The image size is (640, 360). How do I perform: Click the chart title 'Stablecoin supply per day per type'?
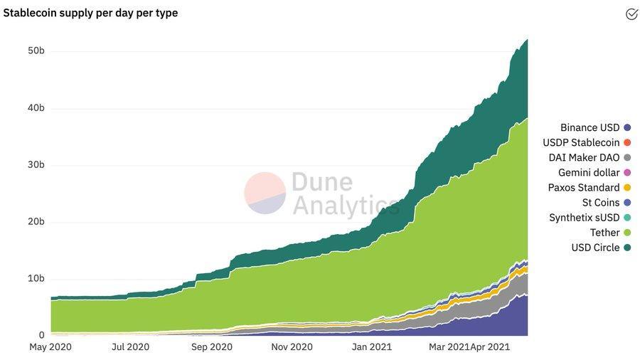click(90, 13)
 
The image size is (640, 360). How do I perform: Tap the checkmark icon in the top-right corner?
click(631, 14)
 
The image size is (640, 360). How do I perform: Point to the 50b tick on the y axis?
click(37, 51)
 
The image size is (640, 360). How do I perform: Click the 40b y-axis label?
click(37, 108)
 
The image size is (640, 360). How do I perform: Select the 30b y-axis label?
click(37, 165)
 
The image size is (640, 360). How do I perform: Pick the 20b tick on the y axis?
click(37, 222)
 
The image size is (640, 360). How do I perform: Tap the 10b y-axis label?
click(37, 279)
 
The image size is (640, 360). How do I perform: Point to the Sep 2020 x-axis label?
click(211, 347)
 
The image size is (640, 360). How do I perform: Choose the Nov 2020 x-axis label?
click(292, 347)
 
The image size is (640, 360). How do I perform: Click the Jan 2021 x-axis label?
click(371, 347)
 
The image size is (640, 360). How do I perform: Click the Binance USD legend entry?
click(590, 128)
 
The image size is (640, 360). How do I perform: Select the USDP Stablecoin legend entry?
click(581, 143)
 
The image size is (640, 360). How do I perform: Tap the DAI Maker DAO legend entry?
click(585, 158)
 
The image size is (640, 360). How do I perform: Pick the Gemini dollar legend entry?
click(589, 173)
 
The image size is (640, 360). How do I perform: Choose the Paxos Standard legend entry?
click(584, 188)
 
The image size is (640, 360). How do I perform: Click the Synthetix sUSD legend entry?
click(585, 218)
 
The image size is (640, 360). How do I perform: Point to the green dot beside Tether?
click(627, 233)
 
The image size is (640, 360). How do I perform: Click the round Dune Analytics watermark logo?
click(265, 194)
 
